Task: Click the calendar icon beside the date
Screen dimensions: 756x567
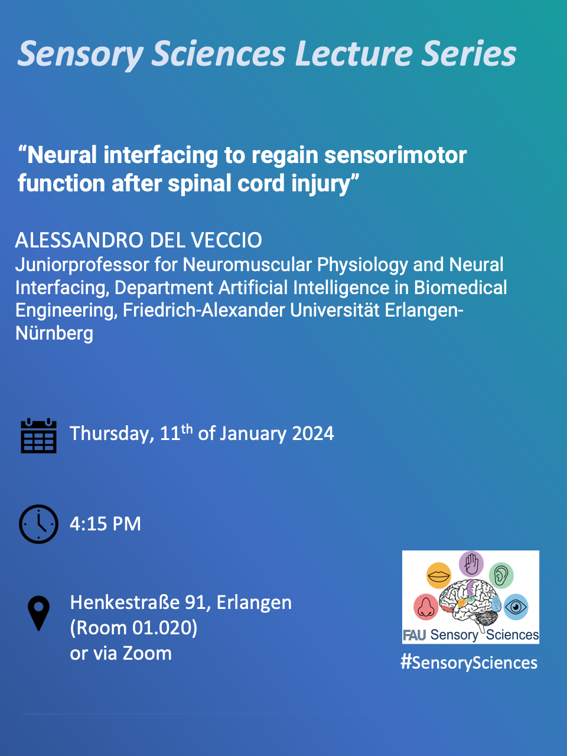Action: (38, 436)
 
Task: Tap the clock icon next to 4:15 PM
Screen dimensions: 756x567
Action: (38, 524)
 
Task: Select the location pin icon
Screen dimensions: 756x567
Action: (39, 613)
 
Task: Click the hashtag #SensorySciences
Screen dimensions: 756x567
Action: (469, 663)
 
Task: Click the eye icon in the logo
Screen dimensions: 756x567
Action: (516, 606)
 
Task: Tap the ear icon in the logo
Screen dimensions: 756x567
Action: (501, 575)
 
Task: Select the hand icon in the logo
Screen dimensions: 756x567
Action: (471, 563)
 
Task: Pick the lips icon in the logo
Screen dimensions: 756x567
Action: (439, 575)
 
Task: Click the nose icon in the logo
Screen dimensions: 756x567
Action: (425, 606)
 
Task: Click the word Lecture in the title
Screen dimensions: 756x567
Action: (353, 54)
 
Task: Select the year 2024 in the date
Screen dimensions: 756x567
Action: (313, 434)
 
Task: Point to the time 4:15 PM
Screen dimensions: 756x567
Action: (105, 524)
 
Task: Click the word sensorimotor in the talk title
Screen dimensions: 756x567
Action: (396, 155)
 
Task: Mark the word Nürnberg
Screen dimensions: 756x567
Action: (54, 333)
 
